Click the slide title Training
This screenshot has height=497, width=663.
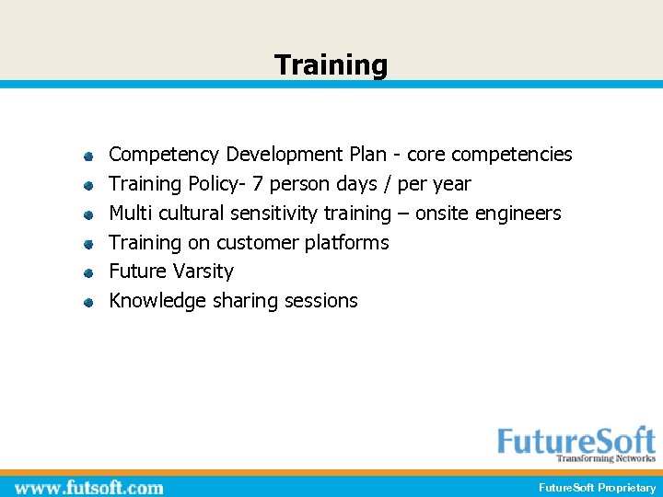[331, 65]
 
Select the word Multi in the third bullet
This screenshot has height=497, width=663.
[131, 214]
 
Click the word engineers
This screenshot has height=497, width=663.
[518, 214]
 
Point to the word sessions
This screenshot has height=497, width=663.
[321, 301]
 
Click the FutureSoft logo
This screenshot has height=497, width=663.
[576, 441]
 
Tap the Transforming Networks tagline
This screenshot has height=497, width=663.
[605, 458]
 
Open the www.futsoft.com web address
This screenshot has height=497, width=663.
[89, 488]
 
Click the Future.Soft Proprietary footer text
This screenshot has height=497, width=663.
[597, 488]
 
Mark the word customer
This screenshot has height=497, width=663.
[257, 243]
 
